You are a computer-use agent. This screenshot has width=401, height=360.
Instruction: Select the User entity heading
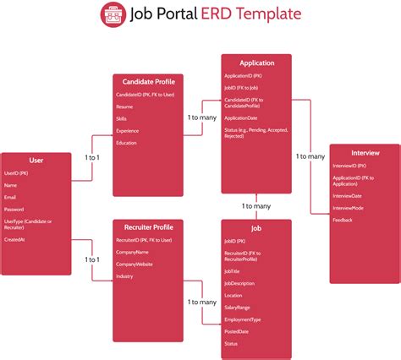tap(36, 160)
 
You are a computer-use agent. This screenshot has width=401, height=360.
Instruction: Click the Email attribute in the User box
tap(10, 196)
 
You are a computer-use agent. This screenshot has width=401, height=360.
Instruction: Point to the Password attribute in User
tap(14, 209)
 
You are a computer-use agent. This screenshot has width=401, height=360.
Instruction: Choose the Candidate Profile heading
tap(148, 81)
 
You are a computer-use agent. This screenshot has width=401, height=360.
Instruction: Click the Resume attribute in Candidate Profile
tap(124, 106)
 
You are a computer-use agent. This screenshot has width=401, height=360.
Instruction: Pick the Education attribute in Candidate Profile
tap(126, 143)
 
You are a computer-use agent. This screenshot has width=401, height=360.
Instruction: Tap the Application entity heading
tap(256, 63)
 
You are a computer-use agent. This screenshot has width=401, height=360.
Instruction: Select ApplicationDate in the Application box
tap(242, 117)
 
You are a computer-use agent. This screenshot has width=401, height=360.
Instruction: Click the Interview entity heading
tap(365, 152)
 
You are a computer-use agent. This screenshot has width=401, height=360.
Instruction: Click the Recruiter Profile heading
tap(148, 227)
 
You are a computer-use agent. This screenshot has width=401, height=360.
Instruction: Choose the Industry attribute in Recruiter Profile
tap(124, 276)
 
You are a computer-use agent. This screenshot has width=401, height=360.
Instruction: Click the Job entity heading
tap(255, 228)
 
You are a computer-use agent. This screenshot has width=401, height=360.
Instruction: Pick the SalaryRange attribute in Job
tap(238, 308)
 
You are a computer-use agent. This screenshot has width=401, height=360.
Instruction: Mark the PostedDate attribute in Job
tap(237, 332)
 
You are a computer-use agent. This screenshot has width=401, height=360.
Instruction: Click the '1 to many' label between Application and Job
tap(256, 206)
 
